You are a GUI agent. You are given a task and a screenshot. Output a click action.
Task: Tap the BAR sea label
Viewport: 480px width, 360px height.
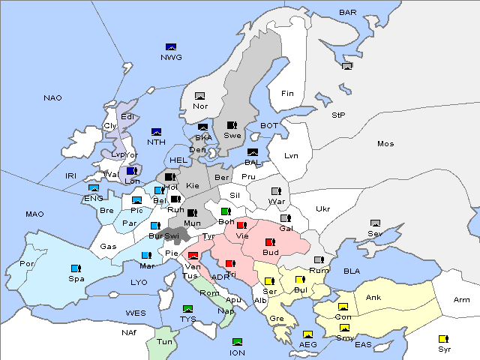pos(348,13)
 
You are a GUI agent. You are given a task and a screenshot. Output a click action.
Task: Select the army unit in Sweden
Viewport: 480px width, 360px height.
pos(232,124)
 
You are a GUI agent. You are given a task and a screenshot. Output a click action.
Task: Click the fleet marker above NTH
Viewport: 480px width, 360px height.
pos(156,132)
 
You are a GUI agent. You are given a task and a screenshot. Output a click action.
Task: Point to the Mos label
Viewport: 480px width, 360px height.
pos(385,143)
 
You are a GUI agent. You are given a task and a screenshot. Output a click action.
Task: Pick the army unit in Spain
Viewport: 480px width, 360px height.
pos(76,268)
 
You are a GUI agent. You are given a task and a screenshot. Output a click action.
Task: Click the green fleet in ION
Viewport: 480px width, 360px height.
pos(238,342)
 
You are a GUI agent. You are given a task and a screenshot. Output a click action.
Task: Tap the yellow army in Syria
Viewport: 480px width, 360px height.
pos(442,338)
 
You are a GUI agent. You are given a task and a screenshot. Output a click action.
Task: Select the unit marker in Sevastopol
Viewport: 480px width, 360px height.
pos(375,223)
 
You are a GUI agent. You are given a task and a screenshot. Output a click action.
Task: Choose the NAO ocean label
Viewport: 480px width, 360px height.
pos(52,98)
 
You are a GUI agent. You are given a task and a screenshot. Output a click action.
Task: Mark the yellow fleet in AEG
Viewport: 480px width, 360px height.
pos(307,334)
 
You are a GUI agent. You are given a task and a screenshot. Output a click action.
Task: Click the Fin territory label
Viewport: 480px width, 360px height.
pos(286,94)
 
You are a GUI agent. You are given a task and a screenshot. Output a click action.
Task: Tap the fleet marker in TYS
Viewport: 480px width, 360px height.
pos(187,308)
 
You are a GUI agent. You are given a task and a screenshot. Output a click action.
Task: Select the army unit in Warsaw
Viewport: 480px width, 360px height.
pos(275,190)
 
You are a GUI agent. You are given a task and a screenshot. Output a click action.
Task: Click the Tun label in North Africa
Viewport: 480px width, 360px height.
pos(164,341)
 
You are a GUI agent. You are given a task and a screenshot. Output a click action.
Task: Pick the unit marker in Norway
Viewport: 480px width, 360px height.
pos(199,95)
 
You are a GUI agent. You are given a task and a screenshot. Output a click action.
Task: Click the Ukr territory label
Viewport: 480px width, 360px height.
pos(322,208)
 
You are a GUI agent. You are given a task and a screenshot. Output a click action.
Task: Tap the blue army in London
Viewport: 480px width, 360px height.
pos(131,170)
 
